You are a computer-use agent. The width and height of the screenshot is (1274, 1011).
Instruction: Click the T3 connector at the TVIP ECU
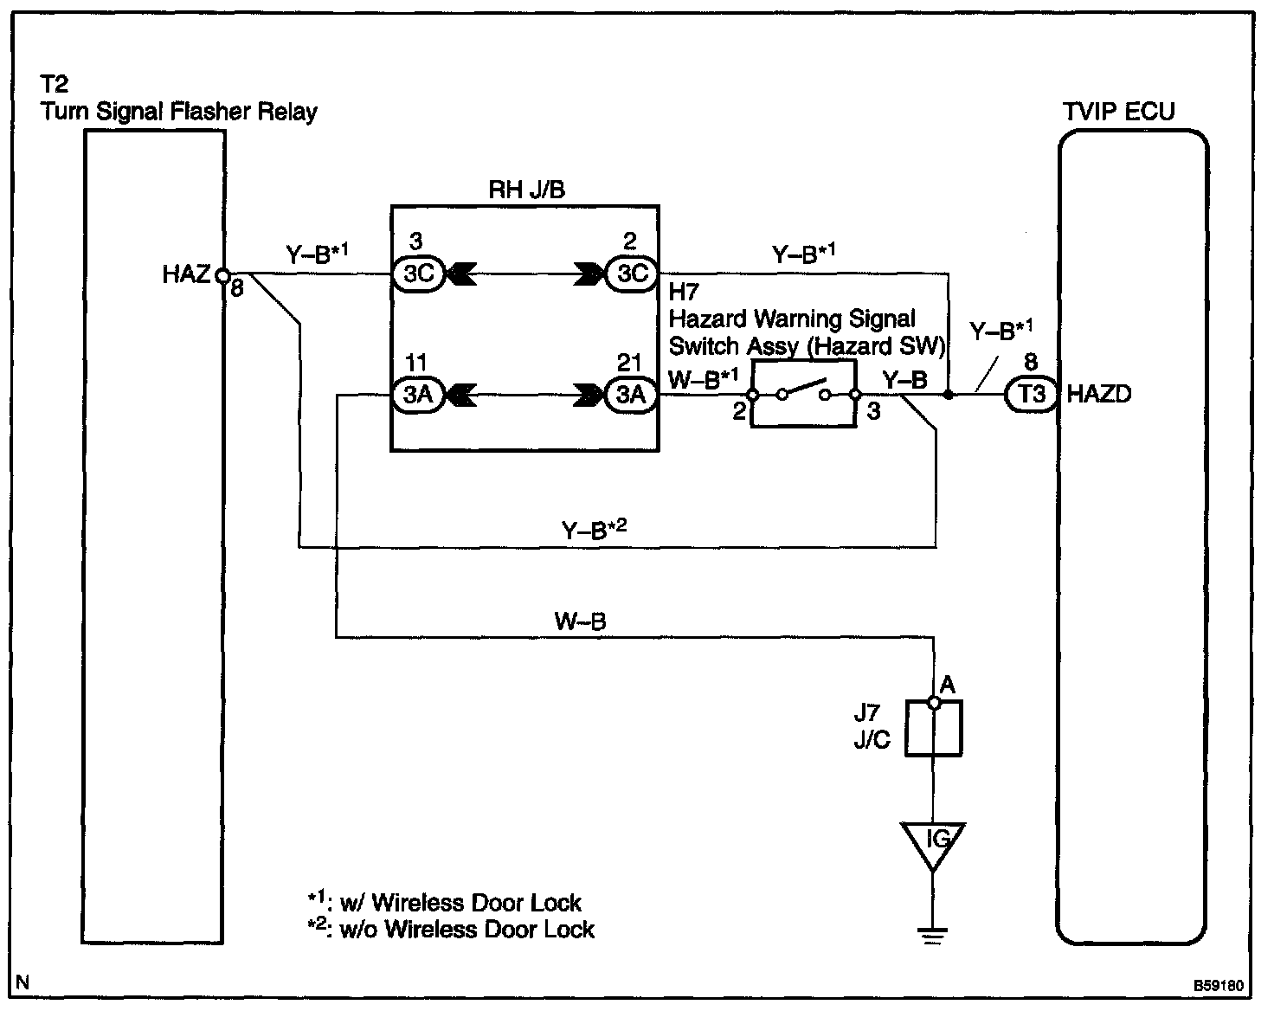[1032, 395]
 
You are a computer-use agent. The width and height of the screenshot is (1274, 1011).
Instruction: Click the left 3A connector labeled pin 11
[419, 395]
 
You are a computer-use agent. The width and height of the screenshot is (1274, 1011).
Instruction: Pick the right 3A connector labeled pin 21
[632, 395]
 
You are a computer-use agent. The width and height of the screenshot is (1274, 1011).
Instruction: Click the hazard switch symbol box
[803, 395]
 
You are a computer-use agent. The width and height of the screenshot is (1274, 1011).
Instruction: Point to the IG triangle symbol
[933, 843]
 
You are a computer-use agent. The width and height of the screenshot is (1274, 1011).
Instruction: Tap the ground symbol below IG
[933, 935]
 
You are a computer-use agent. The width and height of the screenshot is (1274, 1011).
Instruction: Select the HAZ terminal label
[185, 274]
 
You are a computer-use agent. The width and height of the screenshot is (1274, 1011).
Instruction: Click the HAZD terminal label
[1099, 395]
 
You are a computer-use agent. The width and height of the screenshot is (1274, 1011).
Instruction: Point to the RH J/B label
[526, 190]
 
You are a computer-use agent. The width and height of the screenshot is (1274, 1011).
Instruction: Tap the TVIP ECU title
[1118, 113]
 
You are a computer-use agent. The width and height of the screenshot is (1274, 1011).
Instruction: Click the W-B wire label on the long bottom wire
[580, 621]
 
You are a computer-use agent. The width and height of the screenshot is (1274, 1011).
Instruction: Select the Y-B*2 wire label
[594, 529]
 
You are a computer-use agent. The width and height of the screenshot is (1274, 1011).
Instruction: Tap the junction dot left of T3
[949, 395]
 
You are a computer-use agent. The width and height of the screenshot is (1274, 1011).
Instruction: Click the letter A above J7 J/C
[947, 686]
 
